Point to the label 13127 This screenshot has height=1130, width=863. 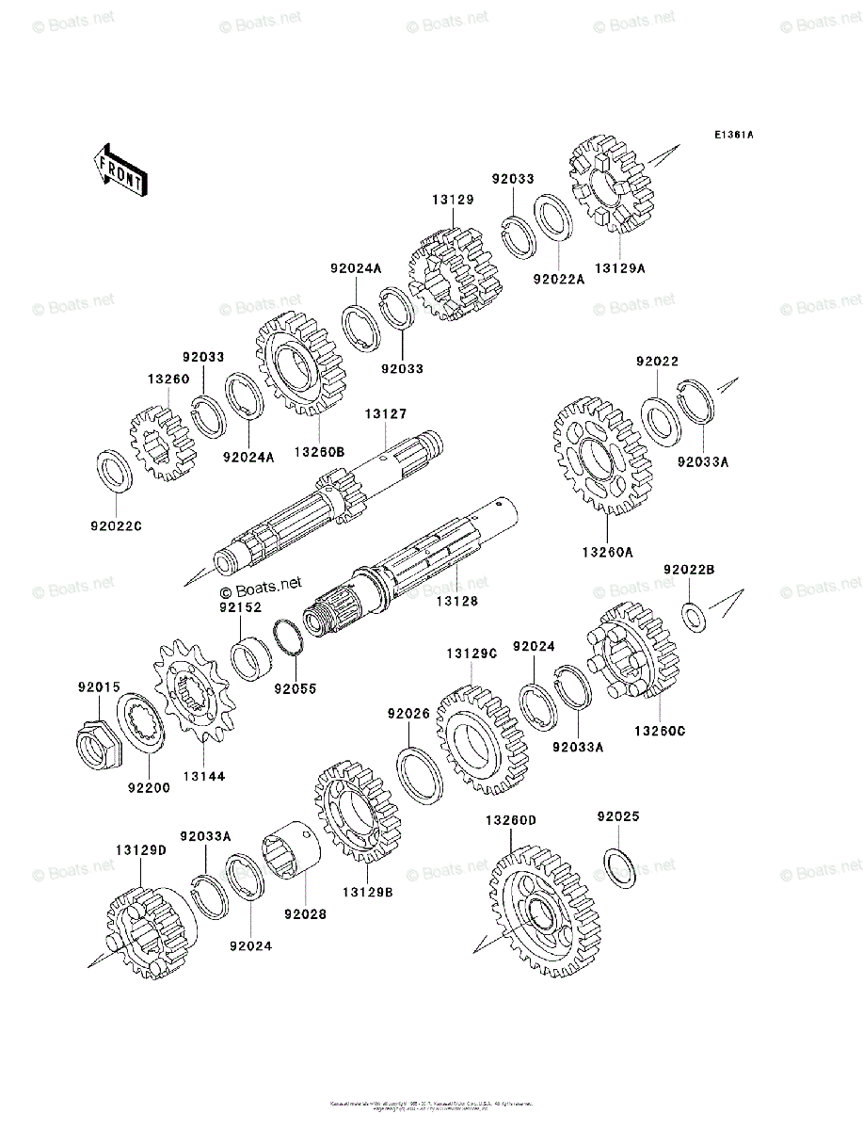(386, 413)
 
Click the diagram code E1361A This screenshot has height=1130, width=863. (732, 135)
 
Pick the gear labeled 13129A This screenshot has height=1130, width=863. (612, 188)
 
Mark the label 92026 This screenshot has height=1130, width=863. (408, 715)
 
